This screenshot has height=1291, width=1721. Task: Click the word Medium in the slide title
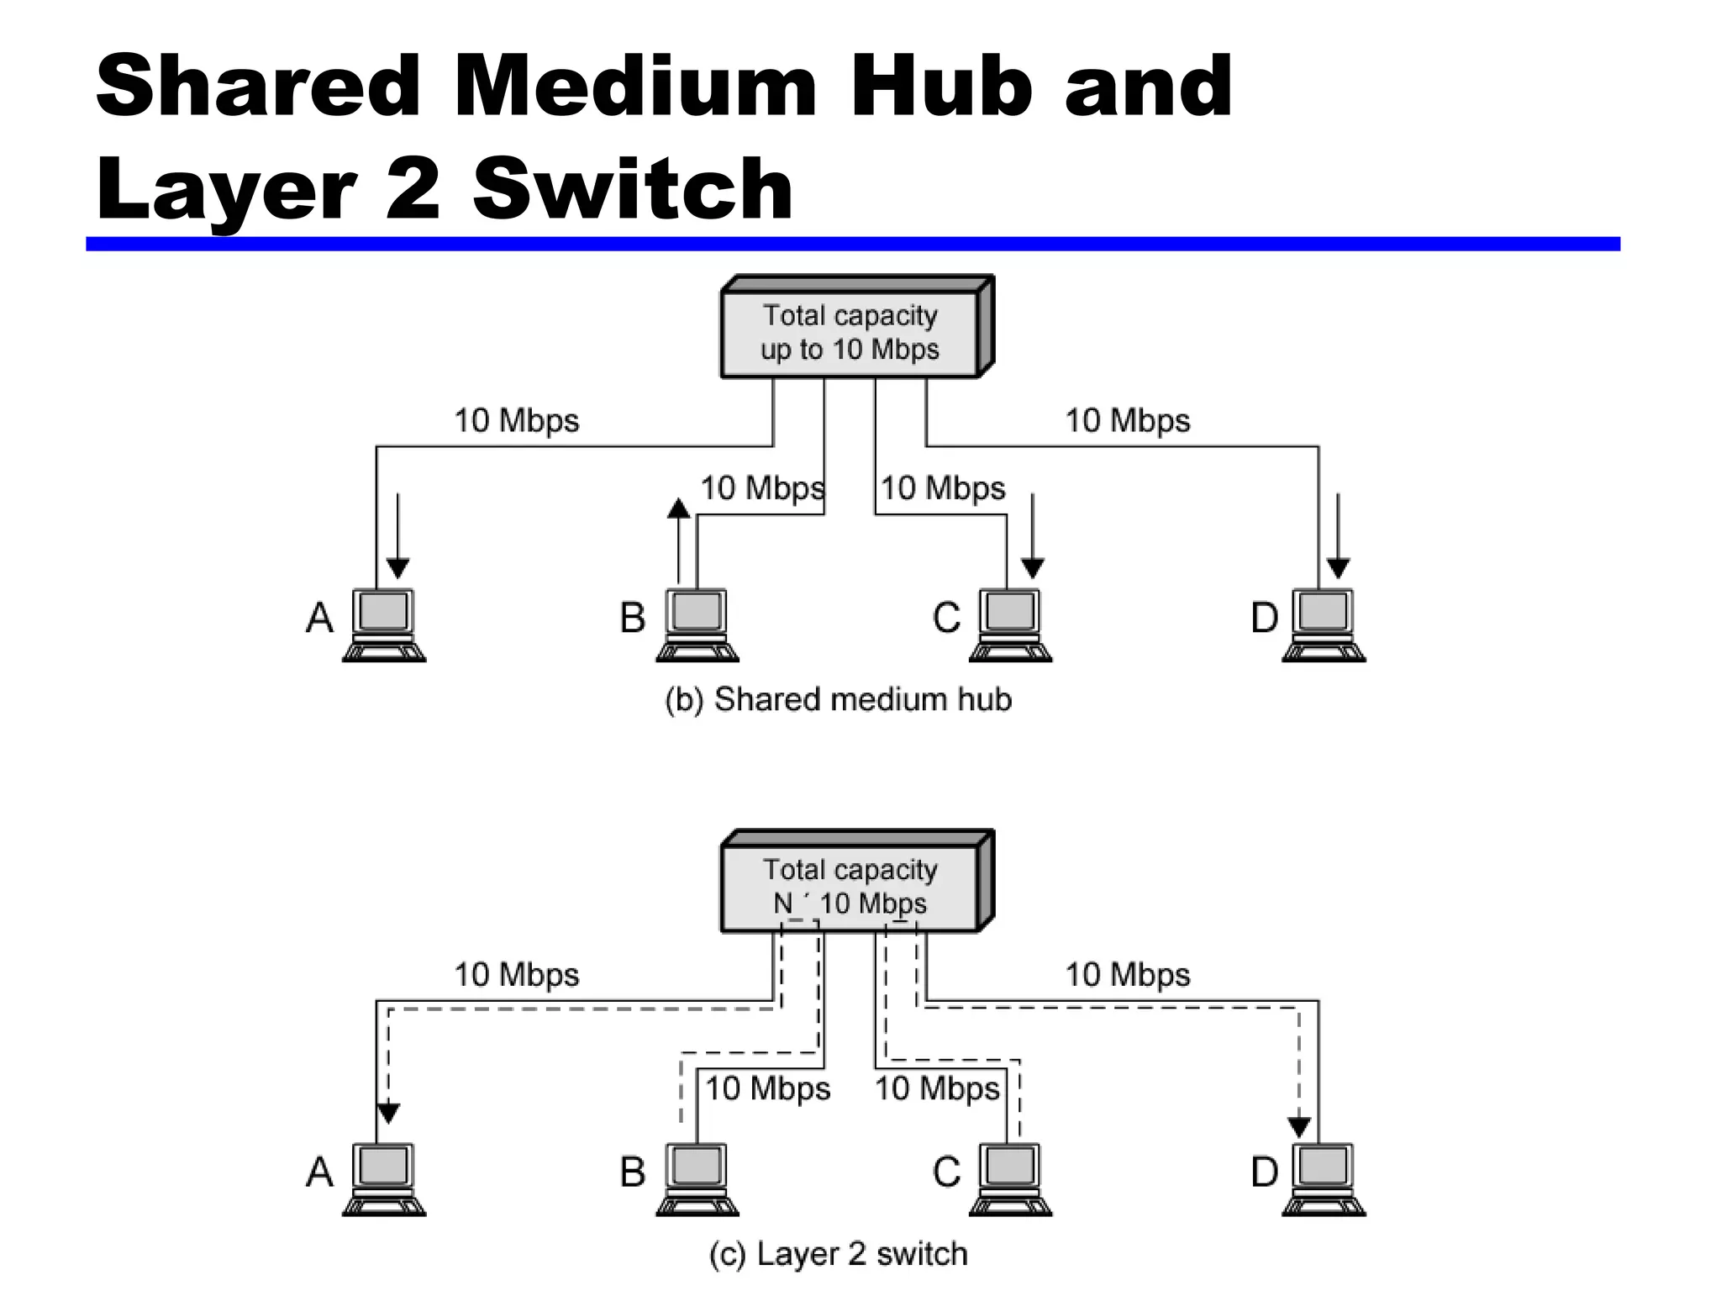(x=634, y=86)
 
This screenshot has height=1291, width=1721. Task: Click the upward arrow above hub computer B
(x=678, y=538)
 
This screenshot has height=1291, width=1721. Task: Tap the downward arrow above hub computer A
(x=397, y=538)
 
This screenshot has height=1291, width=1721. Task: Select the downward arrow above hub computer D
(x=1338, y=538)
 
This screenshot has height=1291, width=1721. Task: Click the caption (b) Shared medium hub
(x=838, y=699)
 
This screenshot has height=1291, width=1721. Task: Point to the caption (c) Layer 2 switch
(x=838, y=1253)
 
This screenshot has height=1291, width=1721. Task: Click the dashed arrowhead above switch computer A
(x=388, y=1113)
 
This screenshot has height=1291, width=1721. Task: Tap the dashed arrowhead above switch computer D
(x=1299, y=1126)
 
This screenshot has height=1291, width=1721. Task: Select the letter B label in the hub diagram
(x=633, y=619)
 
